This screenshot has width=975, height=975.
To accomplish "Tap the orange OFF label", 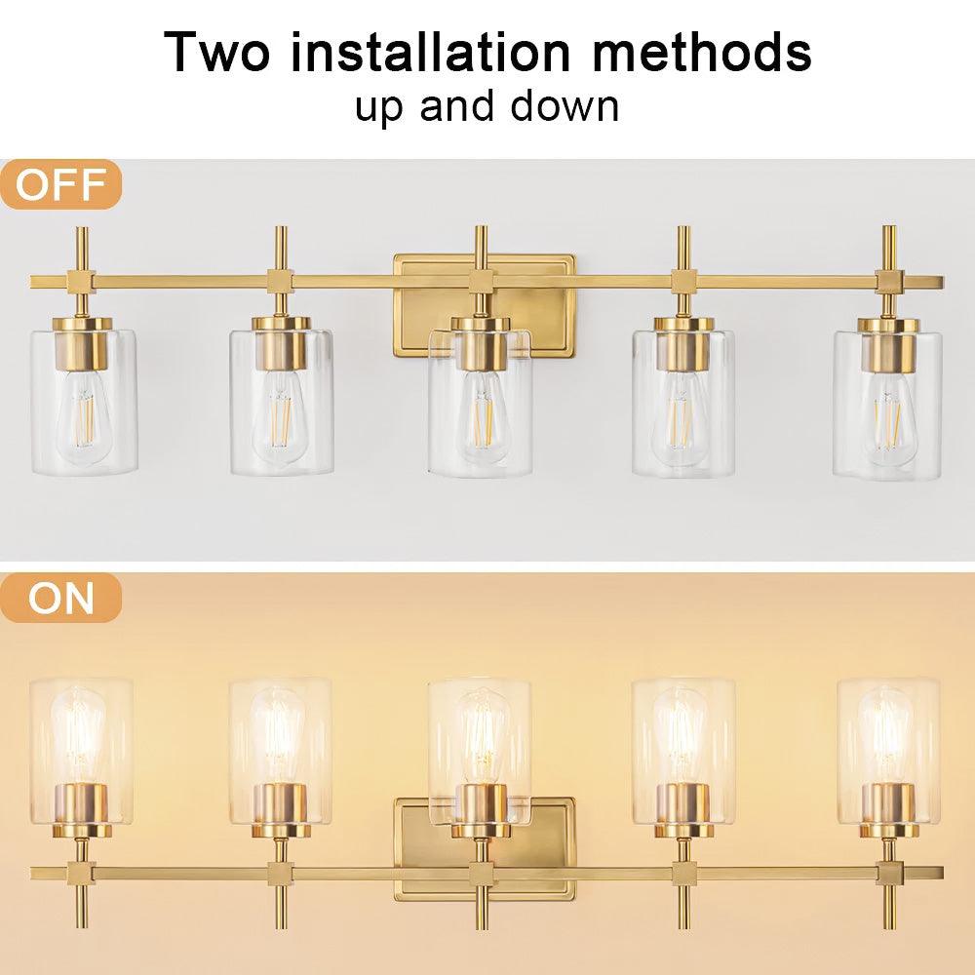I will tap(60, 185).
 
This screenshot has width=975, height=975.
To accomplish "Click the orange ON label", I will tap(60, 598).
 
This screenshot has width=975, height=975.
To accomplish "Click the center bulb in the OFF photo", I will tap(480, 414).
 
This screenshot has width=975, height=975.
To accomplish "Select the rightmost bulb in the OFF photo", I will tap(887, 414).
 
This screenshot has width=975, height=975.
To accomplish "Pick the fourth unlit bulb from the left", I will tap(682, 414).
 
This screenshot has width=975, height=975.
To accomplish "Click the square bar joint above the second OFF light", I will tap(280, 282).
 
